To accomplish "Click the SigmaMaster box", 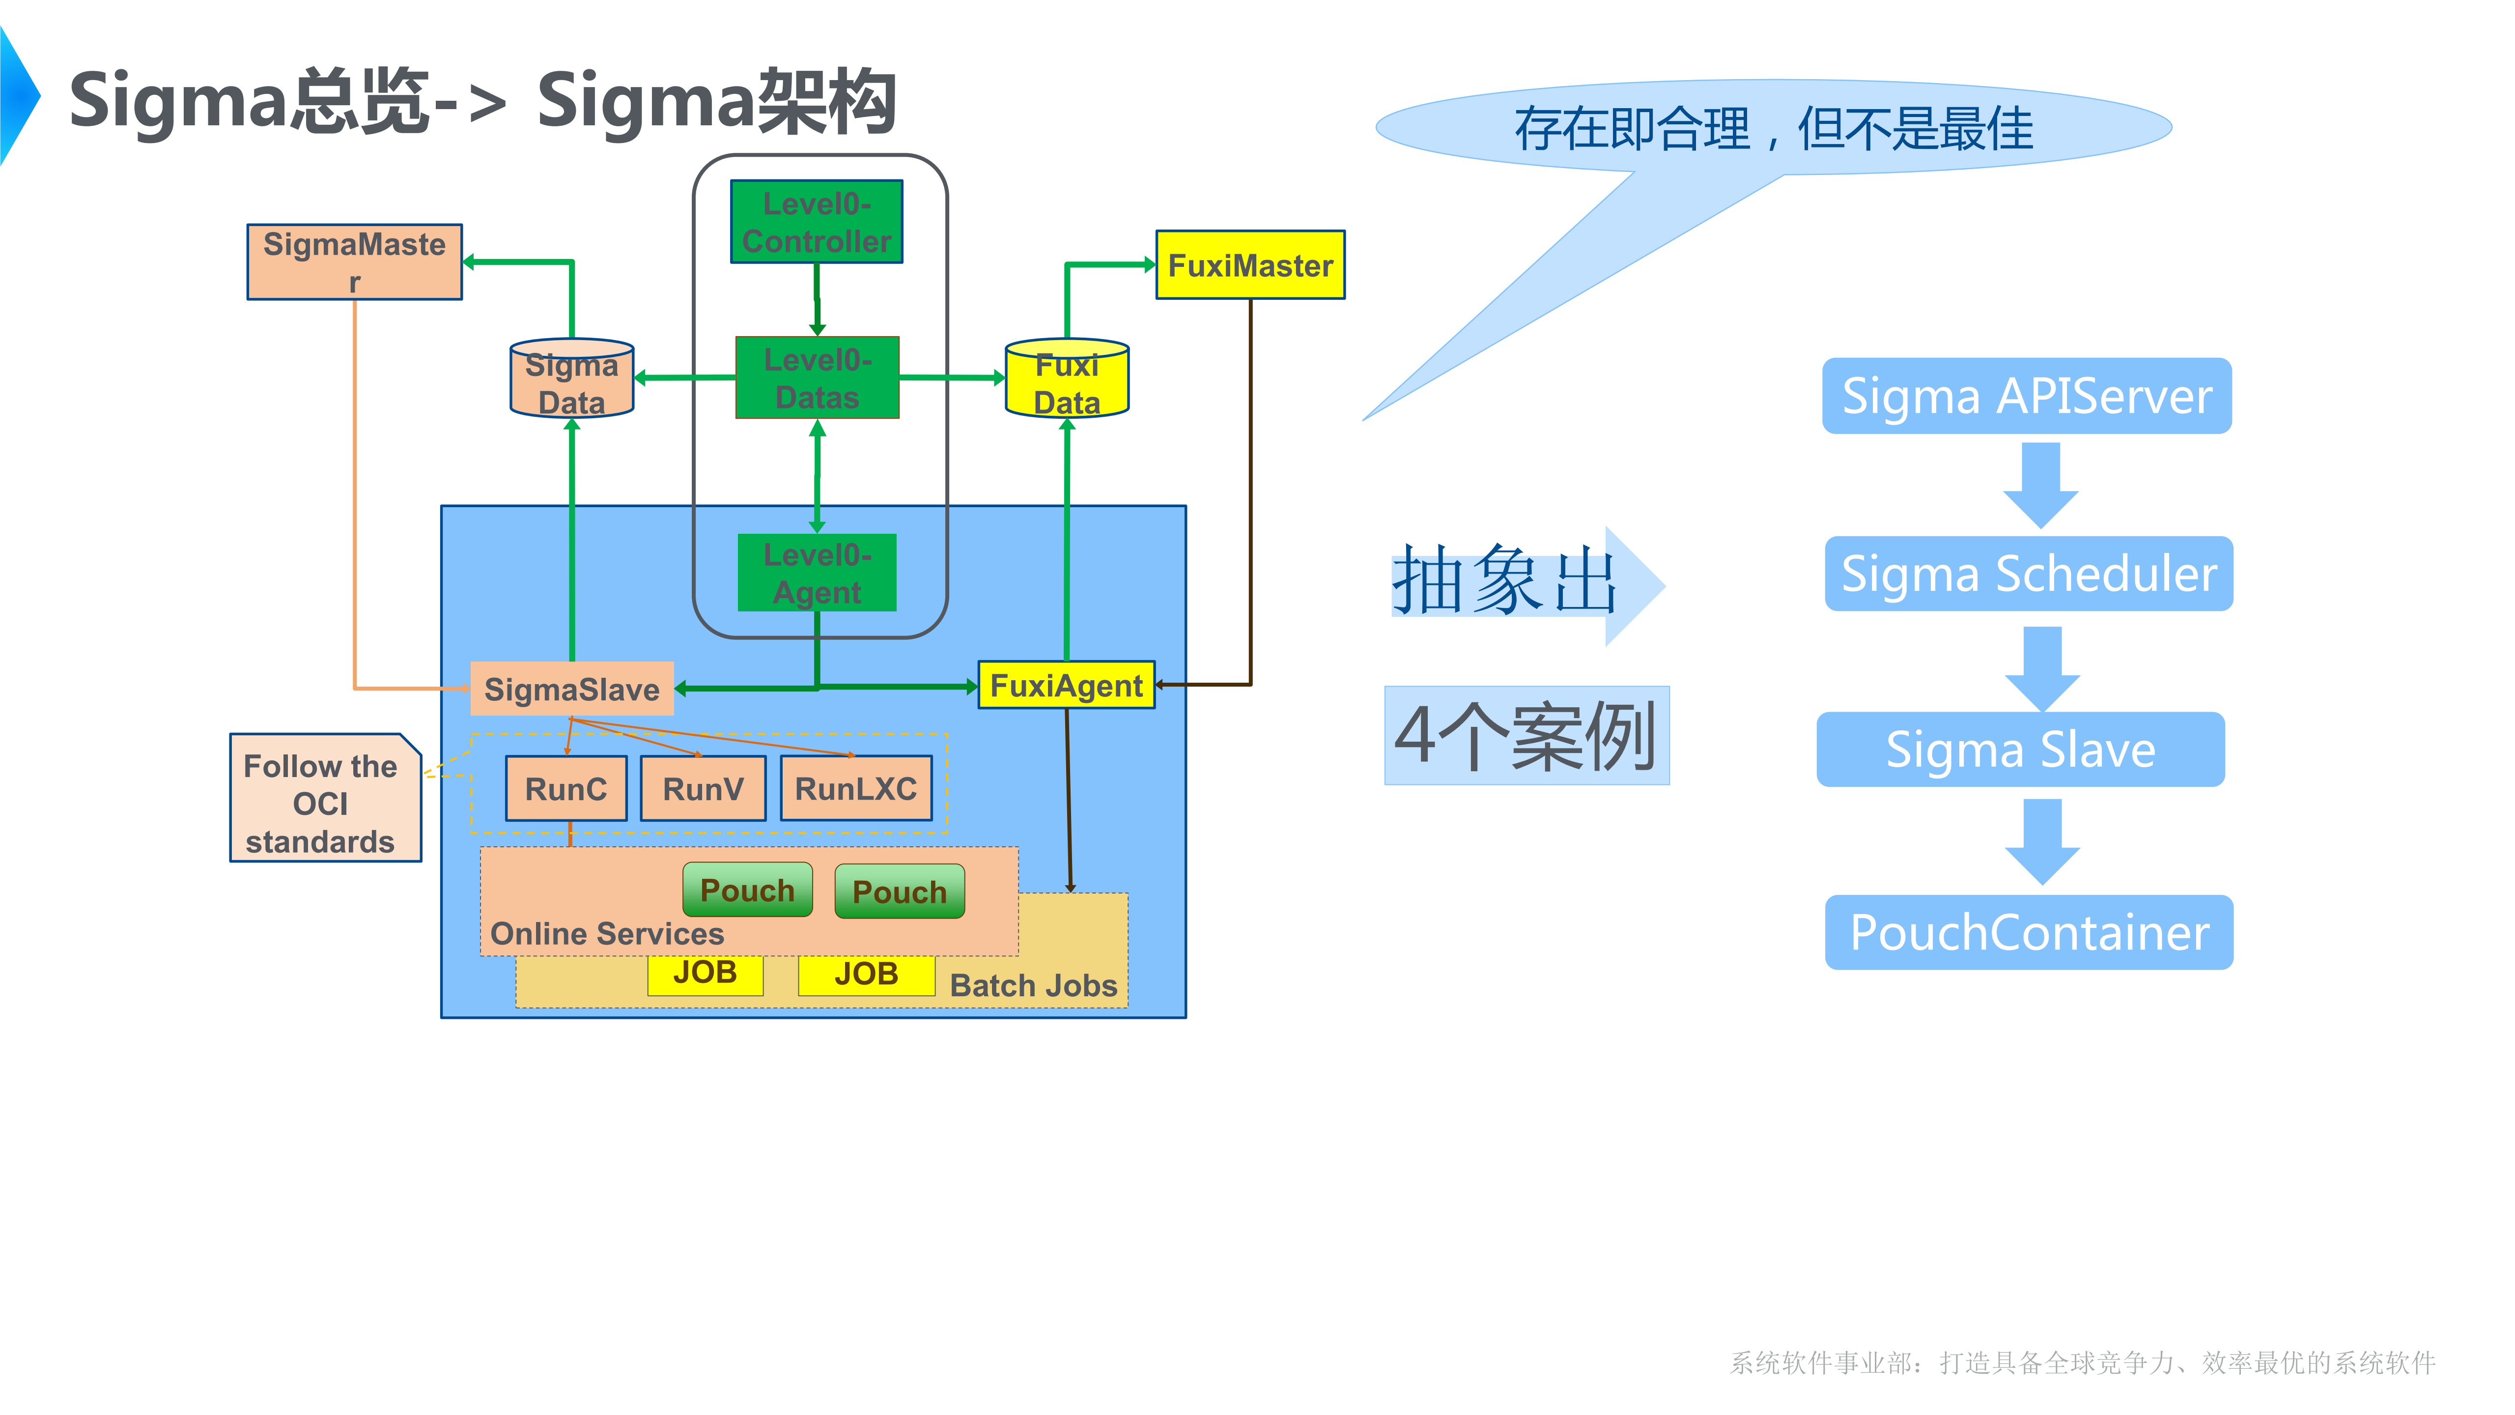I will tap(354, 261).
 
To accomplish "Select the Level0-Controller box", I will tap(816, 222).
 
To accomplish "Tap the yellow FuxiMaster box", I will tap(1250, 264).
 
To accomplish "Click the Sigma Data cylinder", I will tap(572, 381).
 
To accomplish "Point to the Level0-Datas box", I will tap(816, 378).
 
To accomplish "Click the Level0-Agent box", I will tap(816, 573).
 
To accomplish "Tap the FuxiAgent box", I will tap(1066, 686).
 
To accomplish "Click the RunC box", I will tap(566, 788).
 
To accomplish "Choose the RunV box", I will tap(703, 788).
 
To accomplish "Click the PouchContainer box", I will tap(2029, 932).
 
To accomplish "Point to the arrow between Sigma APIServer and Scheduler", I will tap(2040, 485).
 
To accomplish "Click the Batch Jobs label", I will tap(1033, 985).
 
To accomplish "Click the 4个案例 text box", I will tap(1526, 735).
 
